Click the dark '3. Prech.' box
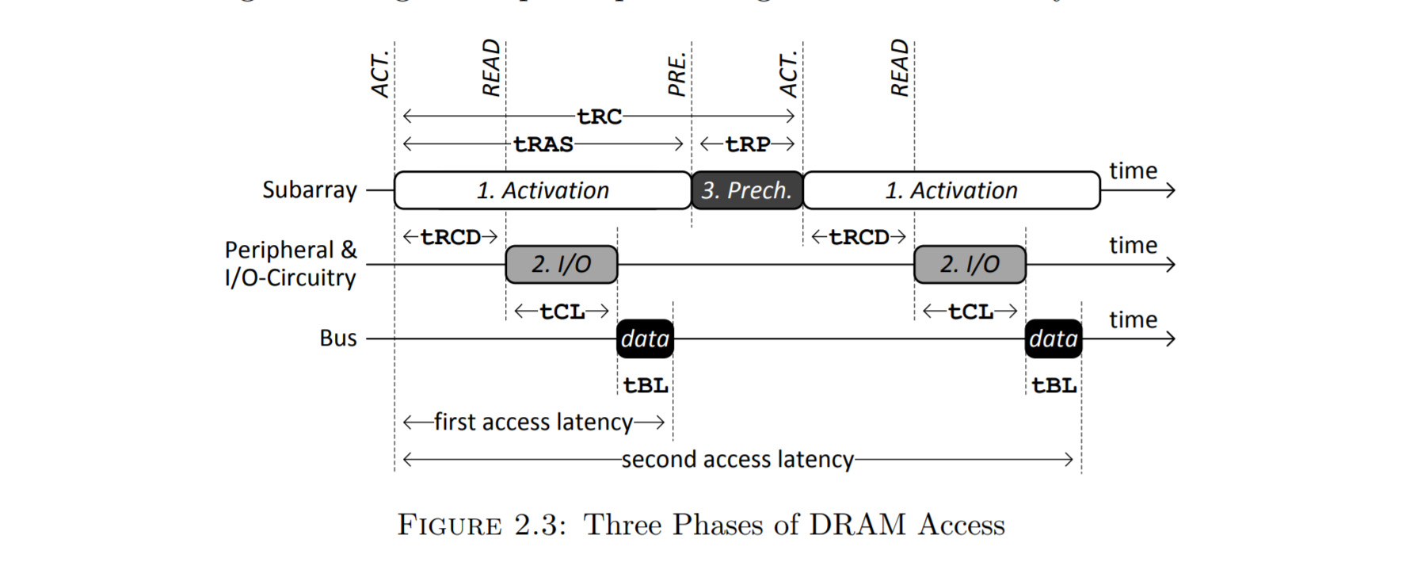747,190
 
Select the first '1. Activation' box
543,190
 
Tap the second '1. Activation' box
951,190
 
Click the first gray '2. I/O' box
561,264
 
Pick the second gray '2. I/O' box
970,264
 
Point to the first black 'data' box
645,338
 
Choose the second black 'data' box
1054,338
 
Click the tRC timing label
599,117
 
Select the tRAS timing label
543,144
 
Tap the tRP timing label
748,144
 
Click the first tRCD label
450,237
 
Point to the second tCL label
970,312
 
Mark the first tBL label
646,385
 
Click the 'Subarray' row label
310,190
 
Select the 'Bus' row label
338,338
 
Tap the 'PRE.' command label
676,75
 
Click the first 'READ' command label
491,67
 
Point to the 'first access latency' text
533,422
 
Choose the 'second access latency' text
737,460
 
